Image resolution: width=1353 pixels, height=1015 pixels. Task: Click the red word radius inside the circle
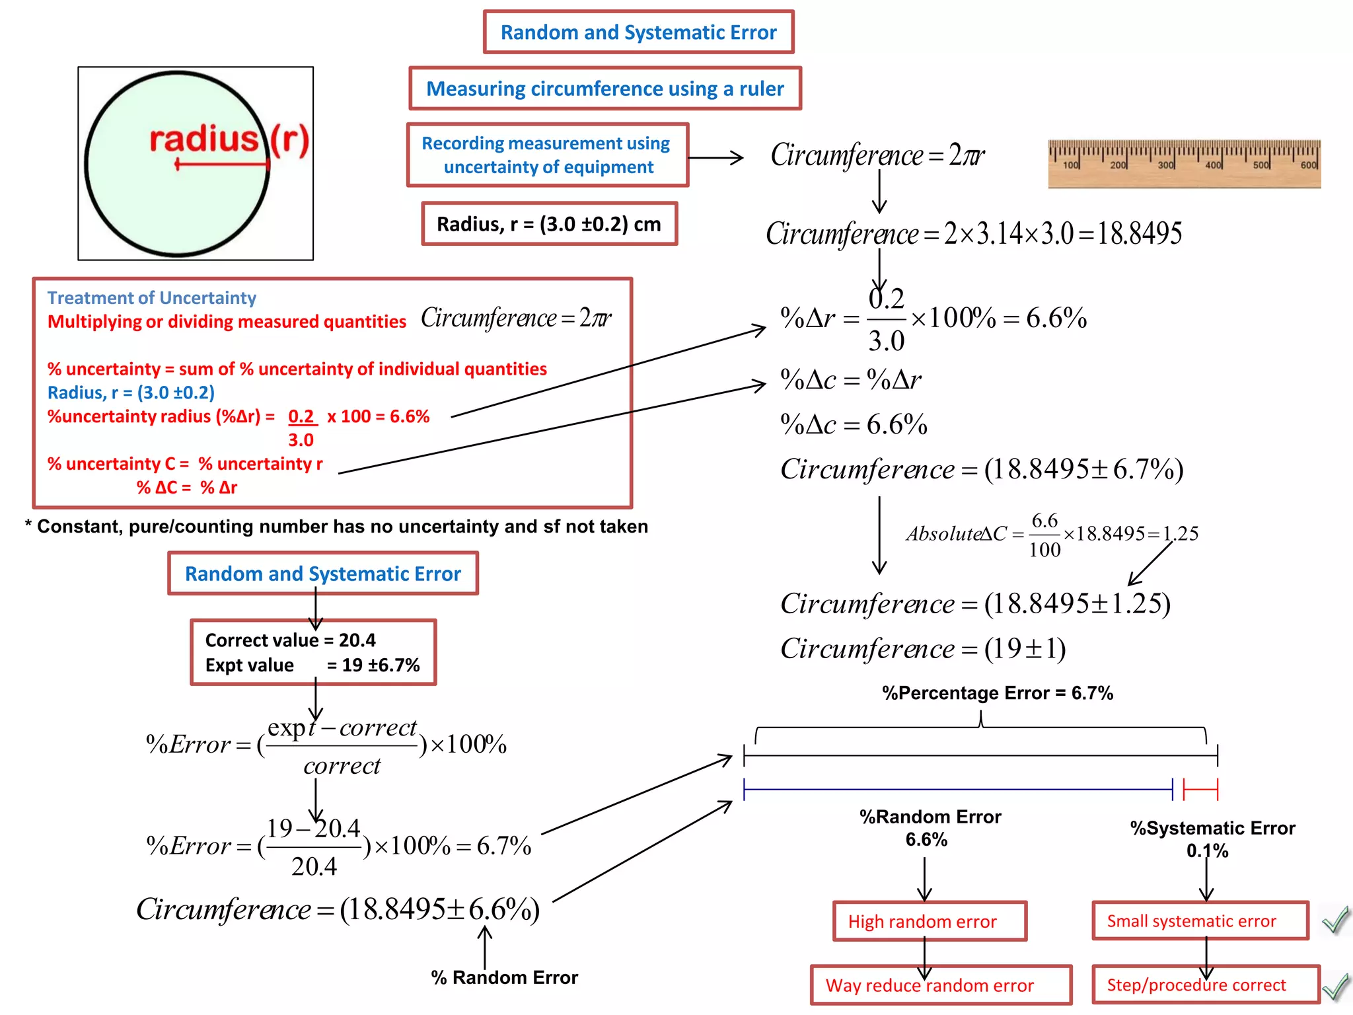203,140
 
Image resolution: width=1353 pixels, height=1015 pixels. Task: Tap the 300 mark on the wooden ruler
1165,165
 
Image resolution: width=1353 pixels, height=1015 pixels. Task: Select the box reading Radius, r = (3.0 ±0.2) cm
549,224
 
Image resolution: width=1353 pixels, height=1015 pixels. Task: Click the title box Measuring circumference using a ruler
604,89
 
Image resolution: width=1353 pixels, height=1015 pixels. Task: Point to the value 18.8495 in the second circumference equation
1139,233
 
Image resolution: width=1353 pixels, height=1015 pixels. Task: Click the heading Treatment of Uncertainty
151,298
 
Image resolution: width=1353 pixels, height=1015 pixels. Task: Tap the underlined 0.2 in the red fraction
301,416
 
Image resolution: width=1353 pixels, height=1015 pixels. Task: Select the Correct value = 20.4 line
290,640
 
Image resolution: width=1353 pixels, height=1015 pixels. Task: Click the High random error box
929,921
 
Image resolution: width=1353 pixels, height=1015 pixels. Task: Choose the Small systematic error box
1198,921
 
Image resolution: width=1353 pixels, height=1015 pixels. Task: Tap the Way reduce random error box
939,985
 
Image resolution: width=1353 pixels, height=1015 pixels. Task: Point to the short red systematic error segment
1200,789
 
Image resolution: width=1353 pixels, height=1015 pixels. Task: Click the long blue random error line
958,789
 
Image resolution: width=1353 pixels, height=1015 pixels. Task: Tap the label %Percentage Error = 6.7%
997,693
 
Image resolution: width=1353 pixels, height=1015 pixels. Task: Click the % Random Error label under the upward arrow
504,977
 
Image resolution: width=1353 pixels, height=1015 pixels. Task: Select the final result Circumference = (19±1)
922,649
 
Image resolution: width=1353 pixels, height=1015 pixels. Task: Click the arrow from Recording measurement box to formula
715,157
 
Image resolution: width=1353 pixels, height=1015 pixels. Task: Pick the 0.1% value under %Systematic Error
1207,851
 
